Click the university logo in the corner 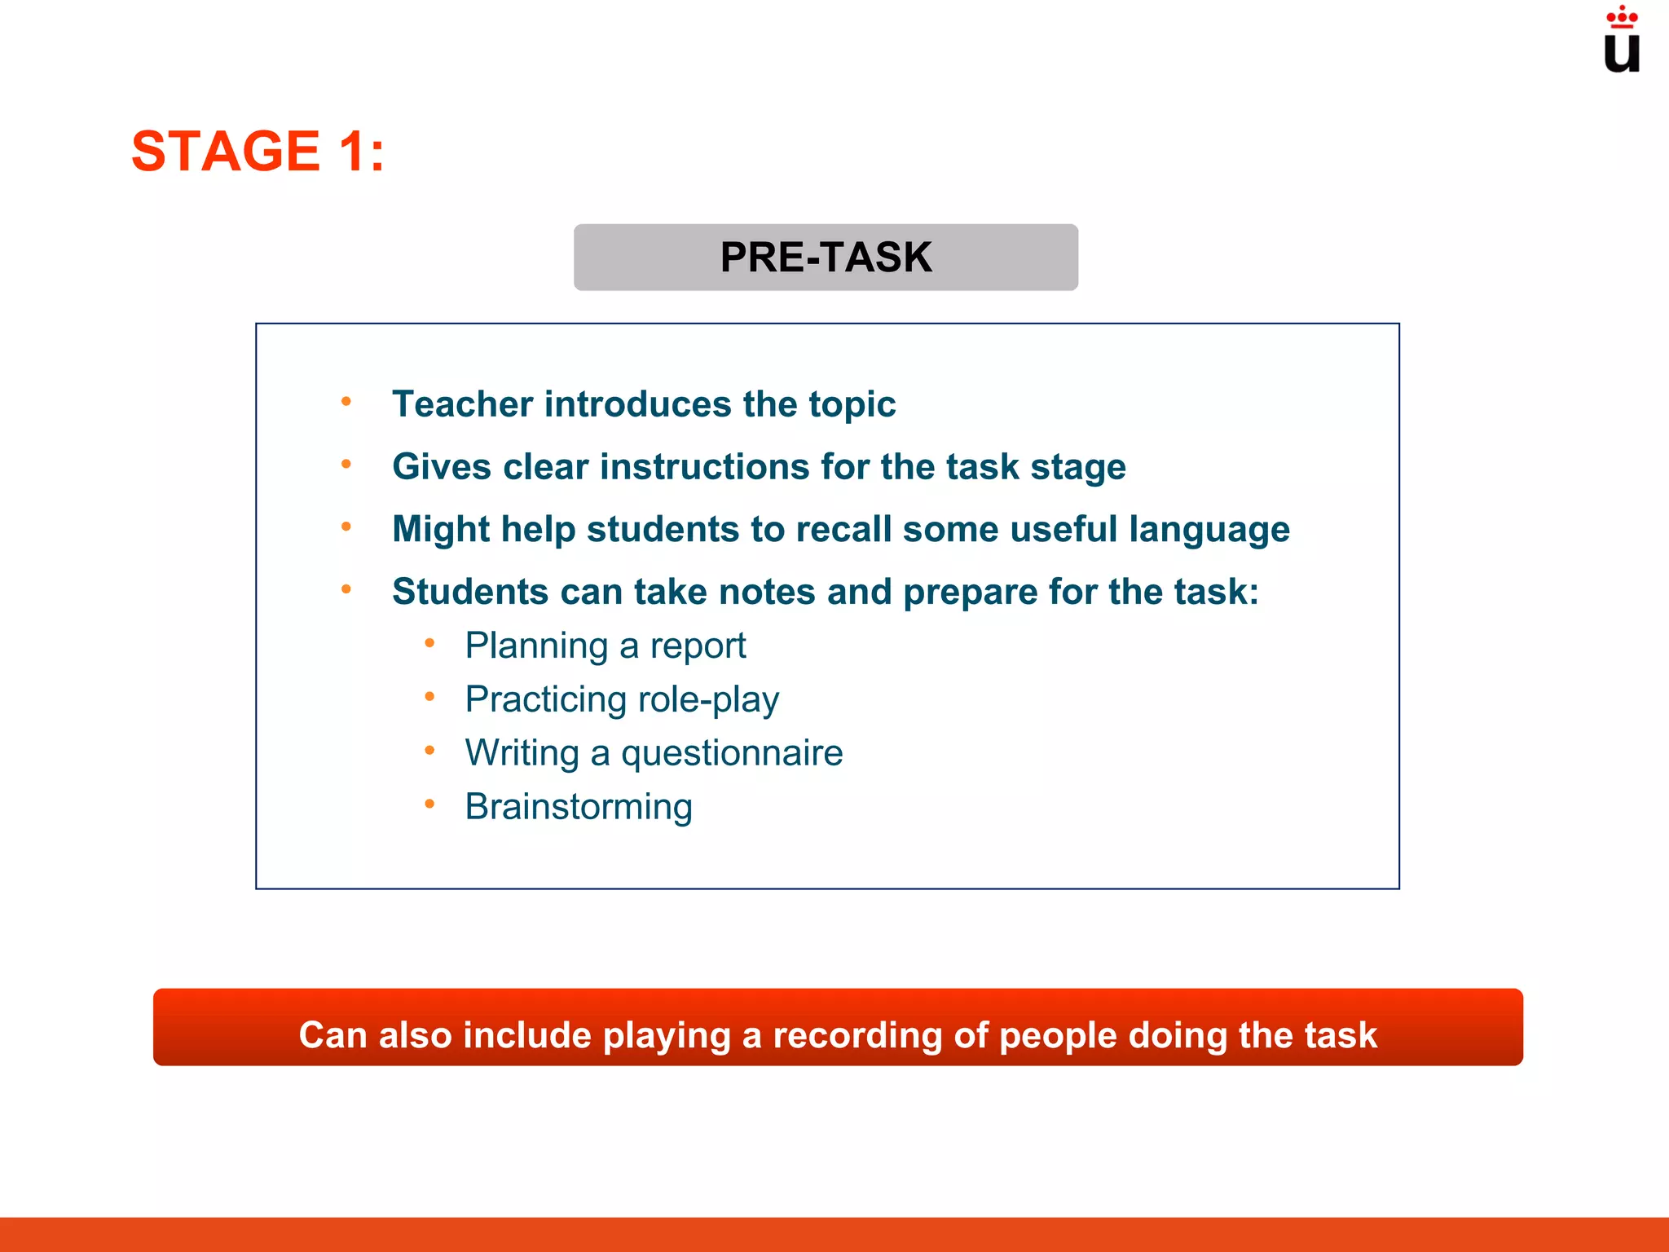click(x=1621, y=41)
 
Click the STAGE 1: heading click(x=258, y=152)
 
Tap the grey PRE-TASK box click(x=826, y=258)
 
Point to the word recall click(x=843, y=530)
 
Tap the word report click(x=698, y=646)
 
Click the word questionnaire click(x=732, y=753)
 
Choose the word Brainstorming click(x=579, y=807)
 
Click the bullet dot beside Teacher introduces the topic click(x=346, y=401)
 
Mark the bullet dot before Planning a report click(x=429, y=644)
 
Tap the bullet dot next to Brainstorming click(x=429, y=805)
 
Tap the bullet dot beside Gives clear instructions click(x=346, y=464)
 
